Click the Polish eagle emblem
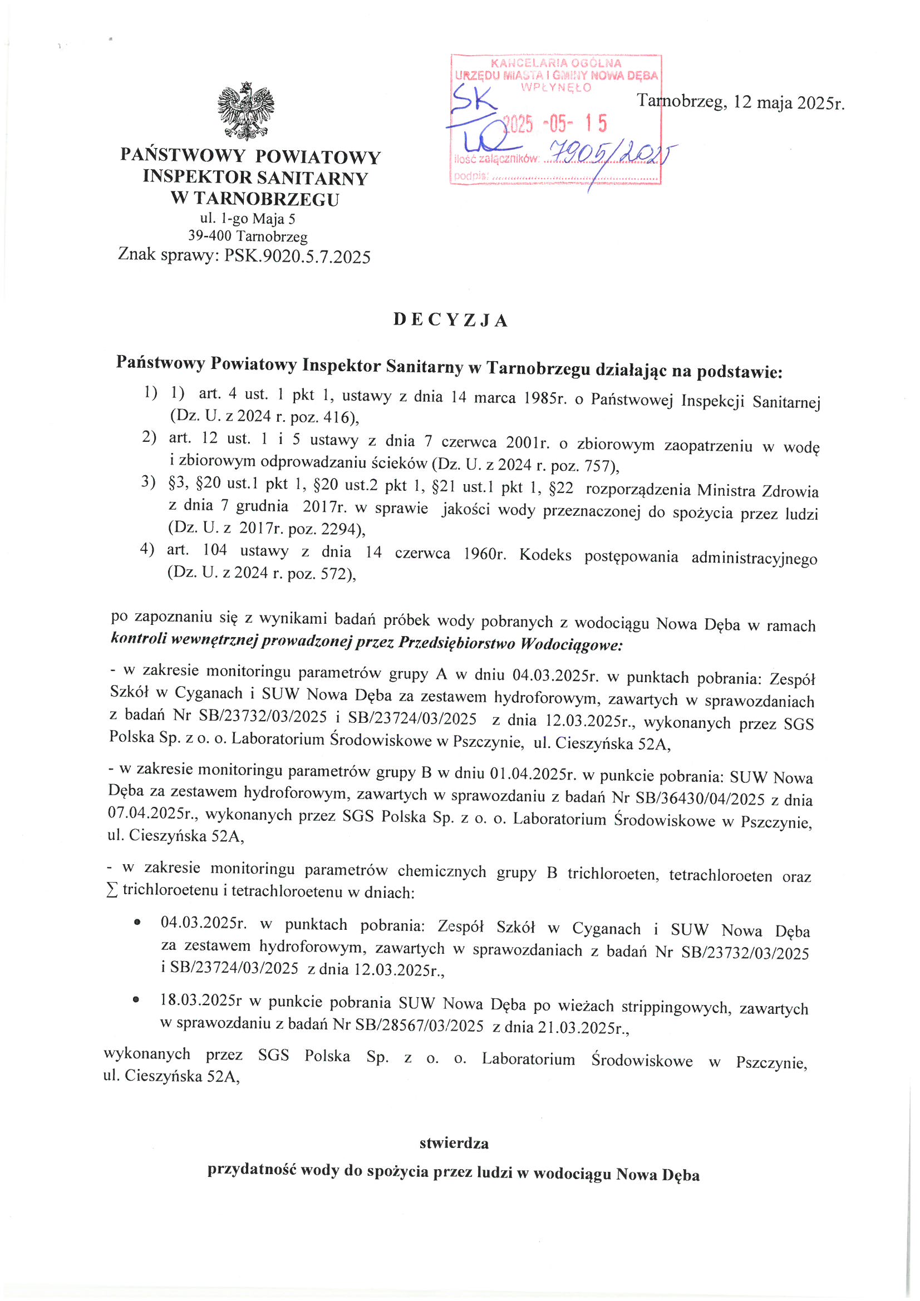(x=246, y=111)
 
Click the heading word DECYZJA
(x=451, y=320)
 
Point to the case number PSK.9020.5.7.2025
(x=298, y=257)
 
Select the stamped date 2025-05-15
(x=555, y=123)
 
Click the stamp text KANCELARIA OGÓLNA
(x=556, y=63)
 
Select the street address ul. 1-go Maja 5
(x=248, y=219)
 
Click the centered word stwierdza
(x=454, y=1143)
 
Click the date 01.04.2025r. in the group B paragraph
(x=535, y=773)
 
